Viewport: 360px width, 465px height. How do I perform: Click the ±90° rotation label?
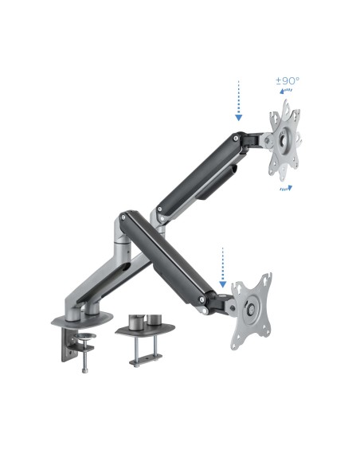click(x=287, y=81)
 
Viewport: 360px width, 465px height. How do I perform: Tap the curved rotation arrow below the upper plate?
click(x=284, y=190)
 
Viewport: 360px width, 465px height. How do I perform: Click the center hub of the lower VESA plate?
click(x=252, y=309)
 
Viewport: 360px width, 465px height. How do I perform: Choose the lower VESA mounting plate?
click(x=252, y=309)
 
